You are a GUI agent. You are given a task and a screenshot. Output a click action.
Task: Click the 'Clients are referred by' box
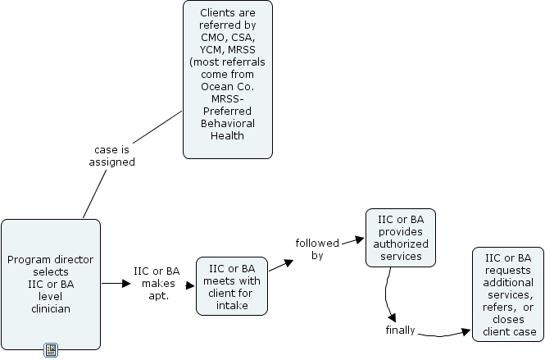click(x=227, y=80)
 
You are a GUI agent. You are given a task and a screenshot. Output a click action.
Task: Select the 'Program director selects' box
click(x=51, y=284)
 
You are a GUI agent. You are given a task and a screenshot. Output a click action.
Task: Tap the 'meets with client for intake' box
click(x=232, y=285)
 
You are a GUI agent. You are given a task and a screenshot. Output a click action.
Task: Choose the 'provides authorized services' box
click(x=400, y=238)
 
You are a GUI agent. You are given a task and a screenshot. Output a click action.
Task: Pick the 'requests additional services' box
click(x=508, y=294)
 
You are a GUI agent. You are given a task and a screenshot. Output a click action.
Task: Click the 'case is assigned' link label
click(x=111, y=156)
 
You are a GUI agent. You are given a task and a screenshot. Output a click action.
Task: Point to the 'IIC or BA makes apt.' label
click(x=156, y=283)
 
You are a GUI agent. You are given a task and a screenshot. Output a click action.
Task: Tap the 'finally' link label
click(x=401, y=330)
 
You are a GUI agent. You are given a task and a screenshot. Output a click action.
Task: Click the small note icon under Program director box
click(x=50, y=350)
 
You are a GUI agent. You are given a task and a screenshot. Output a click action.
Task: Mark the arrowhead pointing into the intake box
click(x=190, y=284)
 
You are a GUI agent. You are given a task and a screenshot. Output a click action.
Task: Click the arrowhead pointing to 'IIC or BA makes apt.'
click(x=125, y=284)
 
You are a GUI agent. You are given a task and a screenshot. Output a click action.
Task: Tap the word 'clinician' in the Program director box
click(x=51, y=309)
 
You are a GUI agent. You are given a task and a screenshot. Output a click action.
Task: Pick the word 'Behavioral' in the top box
click(x=227, y=123)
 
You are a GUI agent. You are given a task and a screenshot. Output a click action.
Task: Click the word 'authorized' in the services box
click(x=400, y=244)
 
